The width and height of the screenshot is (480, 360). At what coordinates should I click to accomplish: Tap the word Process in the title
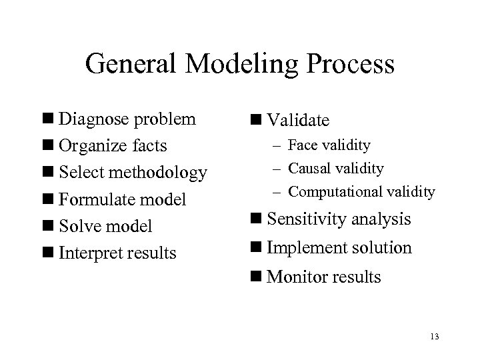[347, 65]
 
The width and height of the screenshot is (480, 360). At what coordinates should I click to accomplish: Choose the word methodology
[159, 173]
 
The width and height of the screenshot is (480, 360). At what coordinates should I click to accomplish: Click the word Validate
[297, 120]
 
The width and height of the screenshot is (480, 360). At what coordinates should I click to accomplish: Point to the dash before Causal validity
[280, 169]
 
